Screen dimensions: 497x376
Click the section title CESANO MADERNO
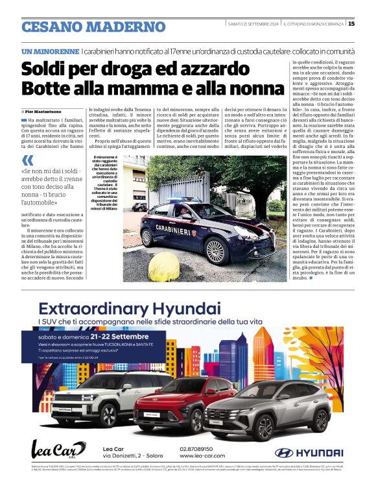click(93, 27)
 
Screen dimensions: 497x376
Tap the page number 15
click(351, 24)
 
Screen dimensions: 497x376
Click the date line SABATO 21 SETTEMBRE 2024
click(253, 24)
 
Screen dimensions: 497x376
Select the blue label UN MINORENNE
click(50, 51)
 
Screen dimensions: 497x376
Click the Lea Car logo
click(58, 450)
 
